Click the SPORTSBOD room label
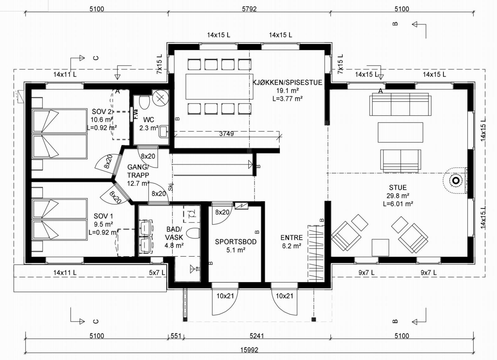(236, 242)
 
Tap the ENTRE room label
(292, 238)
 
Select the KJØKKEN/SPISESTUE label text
(287, 82)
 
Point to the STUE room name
(398, 187)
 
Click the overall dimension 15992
(249, 350)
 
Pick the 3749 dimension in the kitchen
(226, 134)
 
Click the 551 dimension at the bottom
(176, 336)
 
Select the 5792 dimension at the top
(249, 9)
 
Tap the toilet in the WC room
(144, 102)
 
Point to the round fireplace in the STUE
(455, 181)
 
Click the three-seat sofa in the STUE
(400, 104)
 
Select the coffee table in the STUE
(400, 132)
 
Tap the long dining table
(219, 87)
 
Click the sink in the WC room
(164, 132)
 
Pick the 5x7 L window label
(157, 273)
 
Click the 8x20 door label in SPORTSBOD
(222, 212)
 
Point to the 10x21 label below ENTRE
(285, 296)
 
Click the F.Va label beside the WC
(136, 114)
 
